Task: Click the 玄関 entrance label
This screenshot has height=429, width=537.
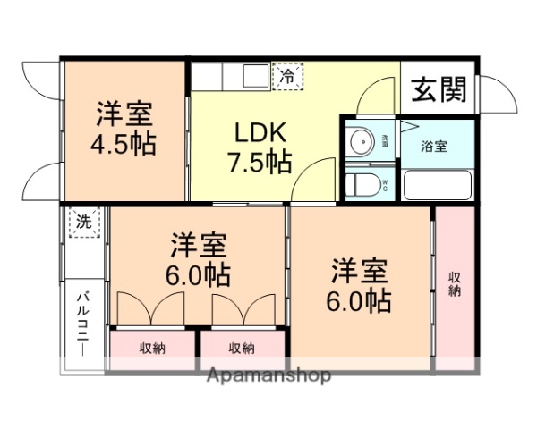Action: tap(439, 89)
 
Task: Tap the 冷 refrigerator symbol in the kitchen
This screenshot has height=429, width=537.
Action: tap(288, 76)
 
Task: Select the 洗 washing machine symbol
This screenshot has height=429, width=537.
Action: tap(83, 221)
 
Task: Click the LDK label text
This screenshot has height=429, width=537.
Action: tap(260, 132)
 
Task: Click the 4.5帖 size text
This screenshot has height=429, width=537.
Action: tap(124, 144)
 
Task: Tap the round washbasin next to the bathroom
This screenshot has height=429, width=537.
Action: tap(362, 141)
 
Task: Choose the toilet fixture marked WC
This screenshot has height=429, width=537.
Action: tap(362, 185)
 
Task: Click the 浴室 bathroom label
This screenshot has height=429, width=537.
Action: tap(436, 145)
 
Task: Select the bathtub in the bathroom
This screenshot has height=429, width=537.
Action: tap(438, 184)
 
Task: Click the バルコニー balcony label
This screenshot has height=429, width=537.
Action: tap(82, 322)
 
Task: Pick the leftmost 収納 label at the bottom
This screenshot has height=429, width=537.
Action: tap(152, 348)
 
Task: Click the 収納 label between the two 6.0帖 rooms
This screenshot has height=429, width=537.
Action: tap(242, 348)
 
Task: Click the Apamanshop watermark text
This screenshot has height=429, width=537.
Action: tap(268, 375)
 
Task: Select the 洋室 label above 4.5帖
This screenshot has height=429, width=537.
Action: tap(124, 114)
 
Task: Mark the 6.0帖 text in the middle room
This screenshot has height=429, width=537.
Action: tap(199, 273)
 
